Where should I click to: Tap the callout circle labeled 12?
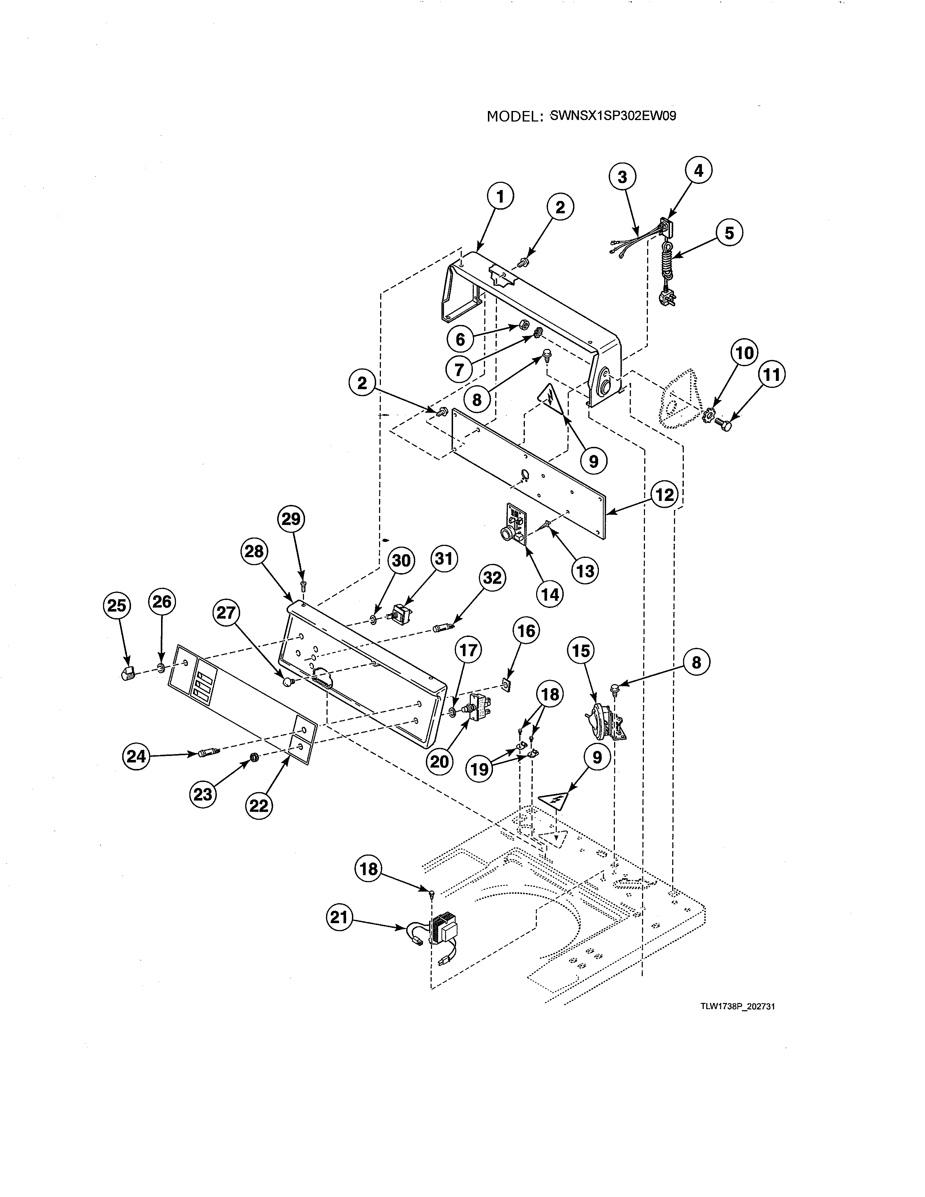(664, 495)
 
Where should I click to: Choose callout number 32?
(492, 578)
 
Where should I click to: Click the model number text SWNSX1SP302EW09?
(613, 116)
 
